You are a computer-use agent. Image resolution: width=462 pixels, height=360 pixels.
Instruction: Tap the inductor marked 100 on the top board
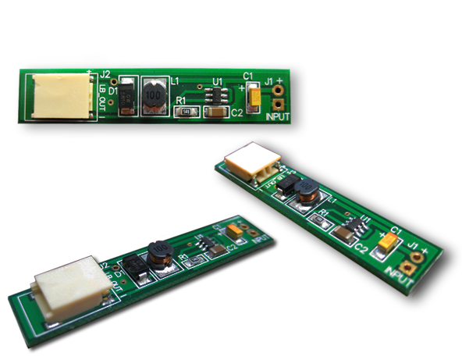154,95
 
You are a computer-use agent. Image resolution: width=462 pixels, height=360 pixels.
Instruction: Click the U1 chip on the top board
216,97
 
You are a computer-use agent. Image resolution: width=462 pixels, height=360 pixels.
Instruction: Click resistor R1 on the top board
185,112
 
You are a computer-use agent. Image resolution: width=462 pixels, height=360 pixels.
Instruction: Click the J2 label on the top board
106,76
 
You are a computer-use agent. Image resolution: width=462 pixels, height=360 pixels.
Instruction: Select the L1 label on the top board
174,80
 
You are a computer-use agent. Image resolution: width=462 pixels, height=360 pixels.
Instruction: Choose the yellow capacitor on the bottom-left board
236,231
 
